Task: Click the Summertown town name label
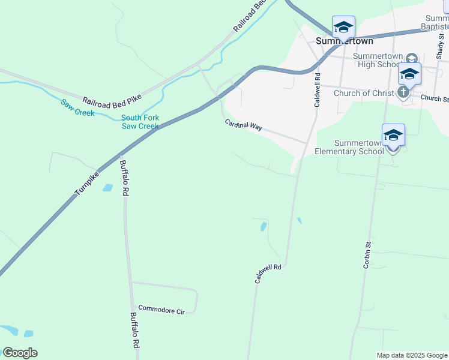345,41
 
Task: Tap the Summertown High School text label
376,61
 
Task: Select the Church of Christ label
364,93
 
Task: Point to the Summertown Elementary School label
349,148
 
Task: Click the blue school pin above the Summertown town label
343,28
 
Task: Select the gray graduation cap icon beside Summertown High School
411,58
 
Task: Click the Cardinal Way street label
244,126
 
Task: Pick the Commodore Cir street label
160,310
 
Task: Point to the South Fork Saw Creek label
140,122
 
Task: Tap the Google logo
20,353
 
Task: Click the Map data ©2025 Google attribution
411,355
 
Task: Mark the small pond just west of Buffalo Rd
107,188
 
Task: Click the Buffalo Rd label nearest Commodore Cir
135,331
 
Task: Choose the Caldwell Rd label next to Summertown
318,90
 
